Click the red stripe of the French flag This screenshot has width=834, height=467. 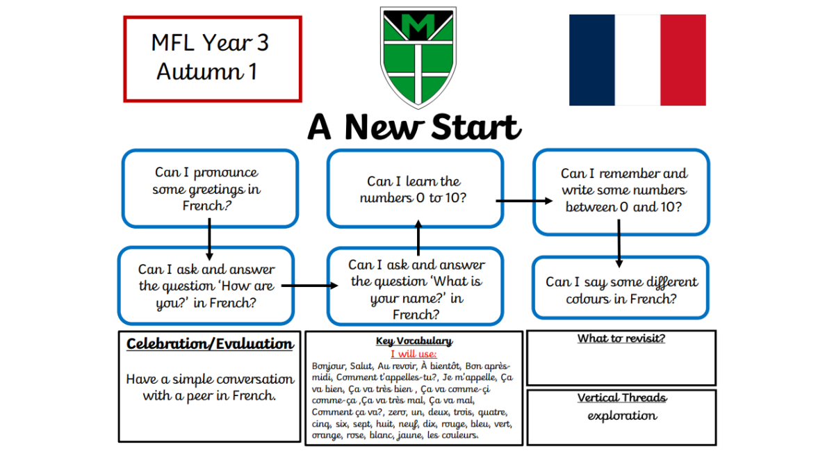pyautogui.click(x=682, y=60)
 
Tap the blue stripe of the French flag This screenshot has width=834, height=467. pyautogui.click(x=591, y=60)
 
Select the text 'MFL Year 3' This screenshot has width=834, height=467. pyautogui.click(x=210, y=43)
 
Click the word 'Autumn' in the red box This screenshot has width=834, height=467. pyautogui.click(x=199, y=72)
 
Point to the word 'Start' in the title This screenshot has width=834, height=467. pyautogui.click(x=476, y=127)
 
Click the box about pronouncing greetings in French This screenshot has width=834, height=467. pyautogui.click(x=210, y=188)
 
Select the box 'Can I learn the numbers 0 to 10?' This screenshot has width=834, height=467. pyautogui.click(x=415, y=188)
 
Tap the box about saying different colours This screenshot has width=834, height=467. pyautogui.click(x=620, y=288)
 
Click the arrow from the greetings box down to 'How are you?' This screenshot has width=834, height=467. pyautogui.click(x=210, y=240)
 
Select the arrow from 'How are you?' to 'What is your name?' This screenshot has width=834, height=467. pyautogui.click(x=310, y=286)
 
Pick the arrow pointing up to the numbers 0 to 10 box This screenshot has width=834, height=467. pyautogui.click(x=418, y=238)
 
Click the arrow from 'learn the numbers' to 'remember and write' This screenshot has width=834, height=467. pyautogui.click(x=524, y=201)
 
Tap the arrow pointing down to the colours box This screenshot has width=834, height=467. pyautogui.click(x=619, y=243)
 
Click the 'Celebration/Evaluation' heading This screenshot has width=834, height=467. pyautogui.click(x=210, y=344)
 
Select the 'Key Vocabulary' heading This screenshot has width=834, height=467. pyautogui.click(x=414, y=341)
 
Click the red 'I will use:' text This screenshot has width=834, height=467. pyautogui.click(x=414, y=354)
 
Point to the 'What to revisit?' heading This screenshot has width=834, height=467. pyautogui.click(x=621, y=338)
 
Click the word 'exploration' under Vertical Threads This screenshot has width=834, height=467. pyautogui.click(x=622, y=416)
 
